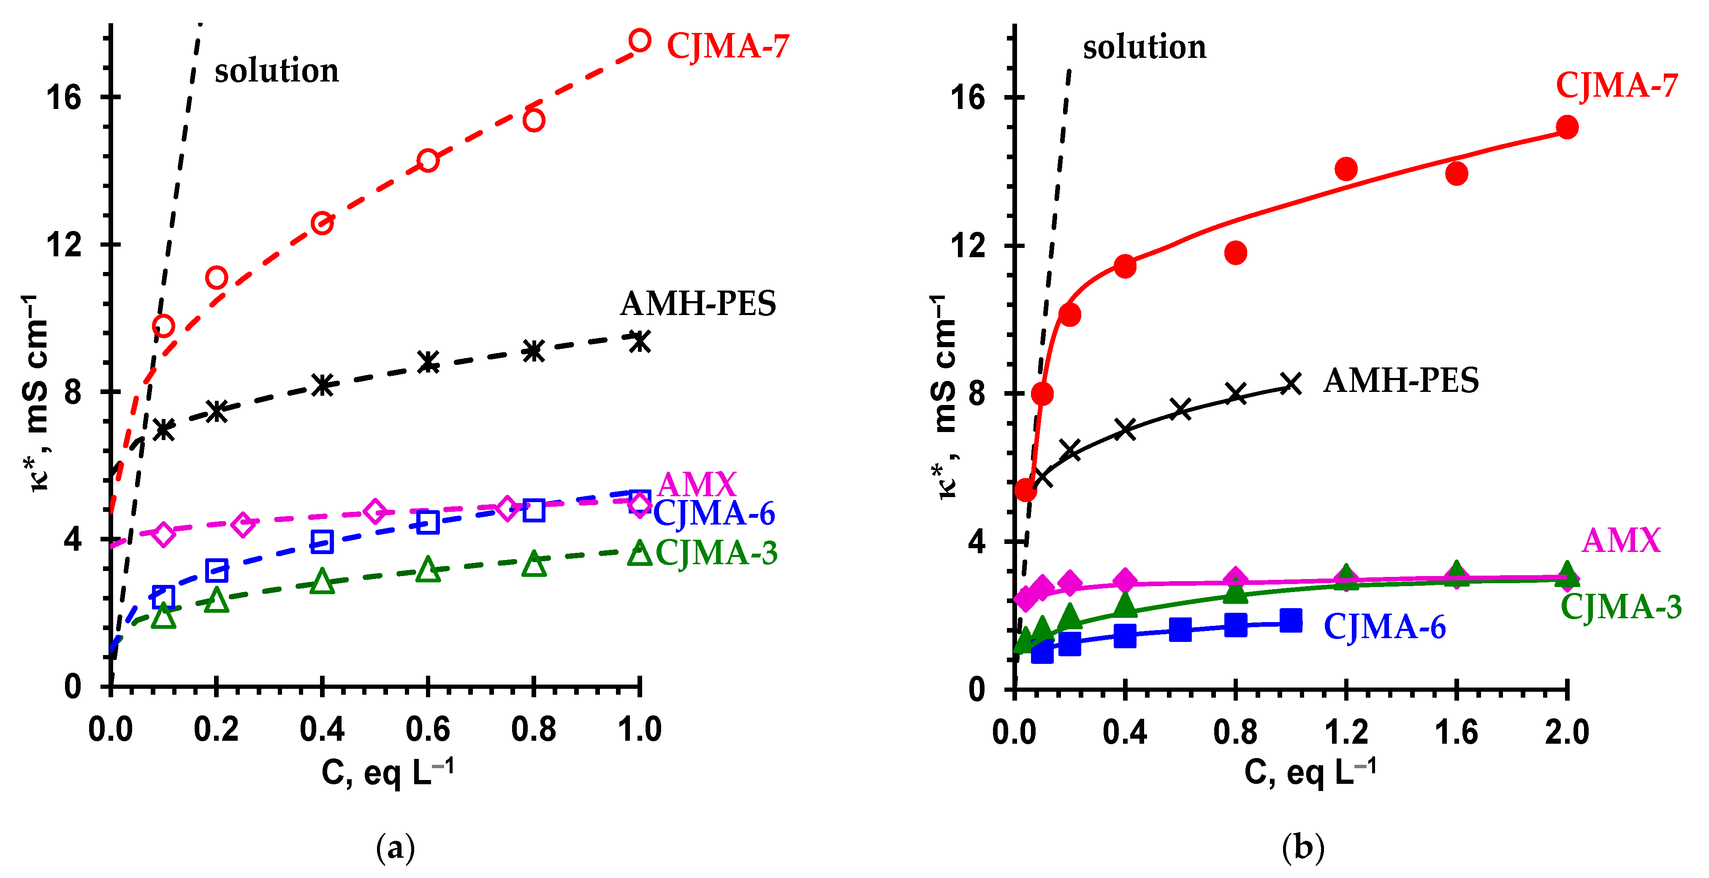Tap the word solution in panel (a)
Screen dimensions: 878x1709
(276, 71)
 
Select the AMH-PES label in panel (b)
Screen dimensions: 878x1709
(1400, 381)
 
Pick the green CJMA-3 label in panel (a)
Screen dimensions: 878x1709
(716, 553)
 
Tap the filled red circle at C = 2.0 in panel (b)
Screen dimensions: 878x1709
(1567, 128)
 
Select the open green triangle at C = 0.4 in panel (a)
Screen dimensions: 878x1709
(322, 582)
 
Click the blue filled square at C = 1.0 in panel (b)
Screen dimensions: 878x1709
(1290, 620)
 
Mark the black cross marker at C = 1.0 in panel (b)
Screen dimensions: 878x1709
(1290, 383)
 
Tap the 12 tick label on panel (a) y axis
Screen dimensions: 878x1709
(63, 245)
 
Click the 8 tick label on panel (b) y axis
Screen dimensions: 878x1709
(977, 394)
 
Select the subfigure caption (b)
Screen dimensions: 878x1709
(1303, 848)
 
